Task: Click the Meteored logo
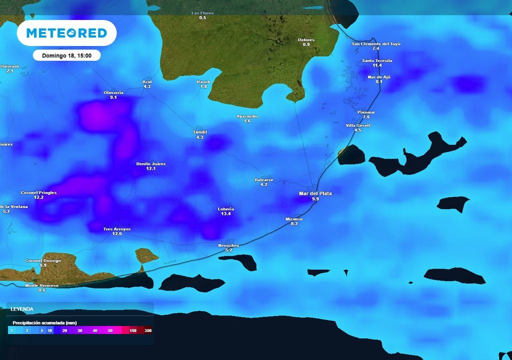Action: click(x=66, y=33)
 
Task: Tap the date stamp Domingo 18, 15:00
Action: click(x=66, y=55)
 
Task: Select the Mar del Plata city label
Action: click(x=314, y=193)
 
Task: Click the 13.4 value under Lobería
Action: click(x=226, y=214)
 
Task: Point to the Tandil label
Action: click(x=200, y=132)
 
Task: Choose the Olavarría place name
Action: click(x=113, y=92)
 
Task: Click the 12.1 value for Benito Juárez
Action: click(x=151, y=169)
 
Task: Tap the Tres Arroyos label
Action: click(x=117, y=229)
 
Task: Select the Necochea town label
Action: click(x=228, y=245)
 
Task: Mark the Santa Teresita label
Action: click(x=377, y=60)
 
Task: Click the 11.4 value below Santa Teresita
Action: click(x=377, y=65)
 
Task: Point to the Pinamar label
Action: click(x=366, y=112)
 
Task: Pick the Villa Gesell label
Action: click(x=358, y=125)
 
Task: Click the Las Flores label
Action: click(x=202, y=13)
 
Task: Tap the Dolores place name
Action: click(x=306, y=39)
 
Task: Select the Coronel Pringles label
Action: click(x=38, y=192)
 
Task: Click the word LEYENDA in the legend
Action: click(x=22, y=309)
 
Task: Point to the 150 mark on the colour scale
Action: click(x=133, y=330)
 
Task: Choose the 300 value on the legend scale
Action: click(x=148, y=330)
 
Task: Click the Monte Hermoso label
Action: click(x=42, y=285)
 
